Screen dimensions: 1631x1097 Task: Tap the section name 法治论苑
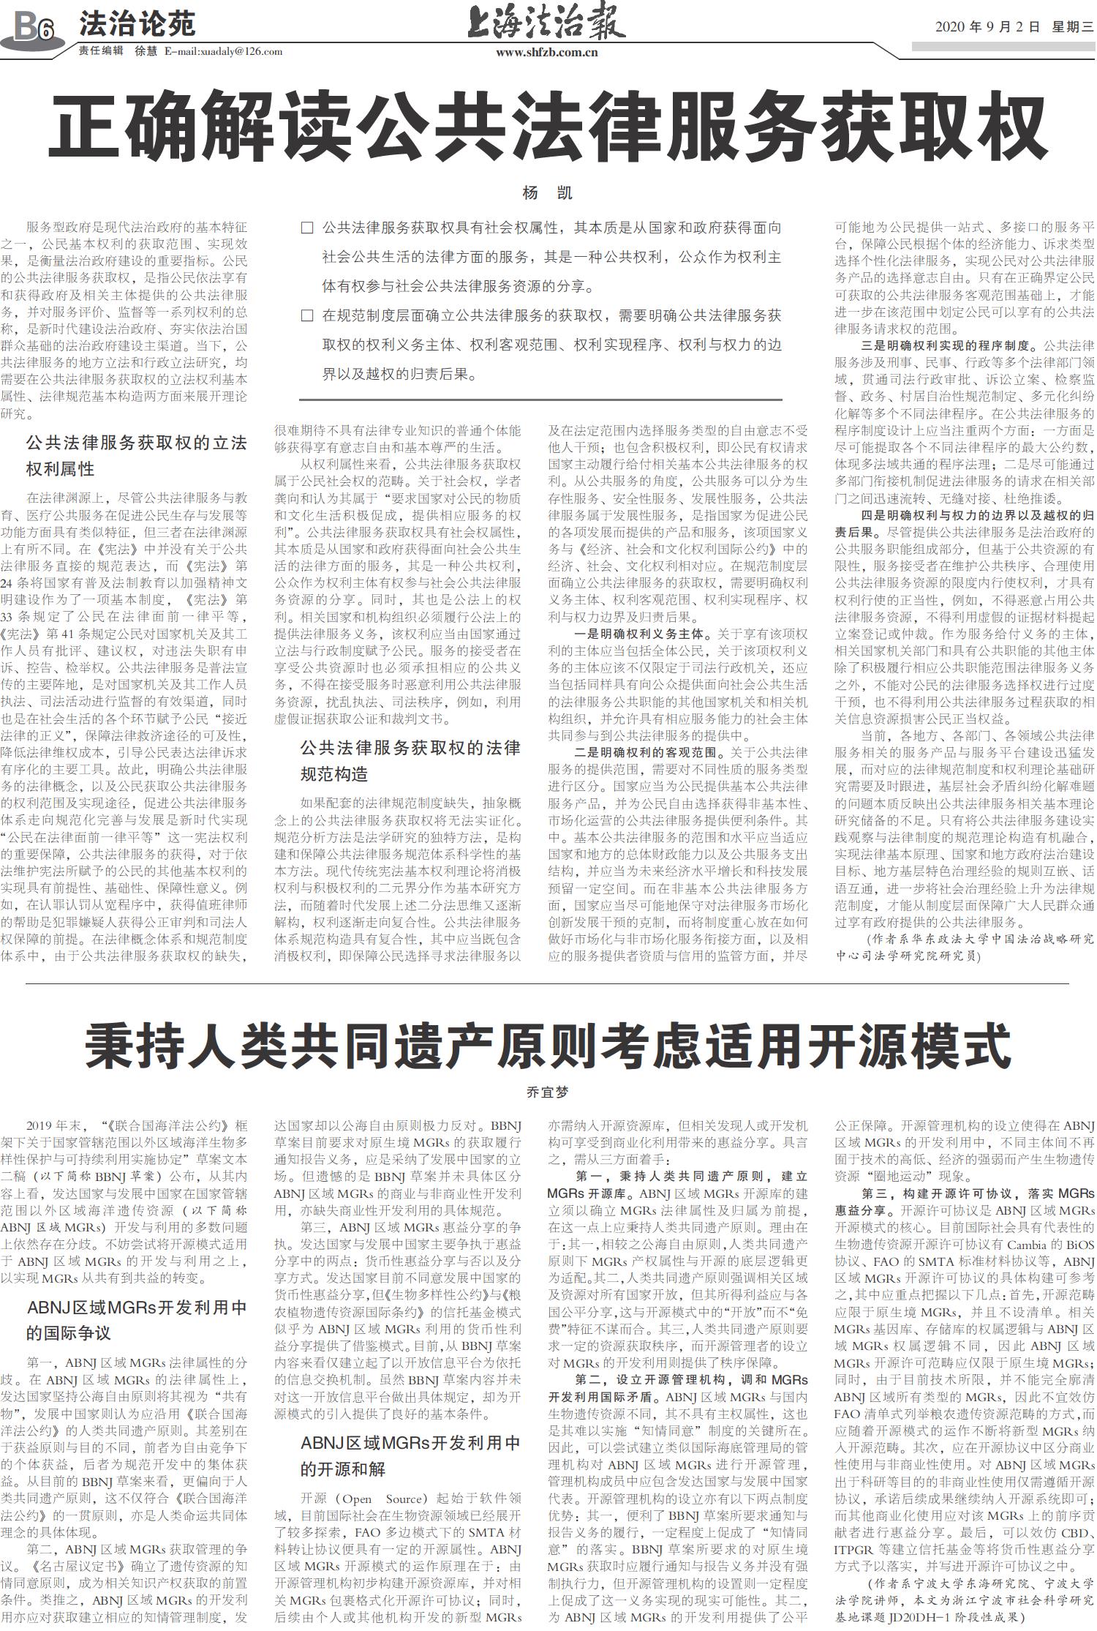(x=137, y=24)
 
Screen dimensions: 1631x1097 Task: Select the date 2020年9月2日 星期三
(x=1014, y=27)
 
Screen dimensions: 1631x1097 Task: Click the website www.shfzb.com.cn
(x=546, y=52)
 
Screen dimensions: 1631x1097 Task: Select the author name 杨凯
(x=547, y=193)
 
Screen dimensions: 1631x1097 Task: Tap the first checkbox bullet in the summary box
(x=307, y=228)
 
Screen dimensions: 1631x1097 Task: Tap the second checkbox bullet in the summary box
(x=307, y=316)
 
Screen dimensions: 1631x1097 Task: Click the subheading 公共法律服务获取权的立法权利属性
(x=136, y=455)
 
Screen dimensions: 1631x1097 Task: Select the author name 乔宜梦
(x=547, y=1092)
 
